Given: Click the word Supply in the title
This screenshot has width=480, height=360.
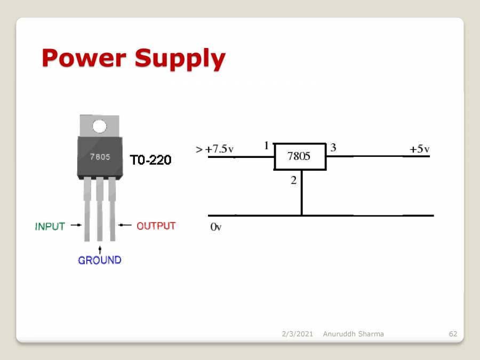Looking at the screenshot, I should coord(180,59).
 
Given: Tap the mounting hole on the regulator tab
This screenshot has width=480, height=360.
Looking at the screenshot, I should coord(99,126).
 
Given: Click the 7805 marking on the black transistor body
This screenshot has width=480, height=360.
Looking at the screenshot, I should coord(100,157).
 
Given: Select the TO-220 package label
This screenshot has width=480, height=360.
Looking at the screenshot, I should coord(151,160).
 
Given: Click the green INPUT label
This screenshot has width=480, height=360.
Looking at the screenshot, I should coord(50,226).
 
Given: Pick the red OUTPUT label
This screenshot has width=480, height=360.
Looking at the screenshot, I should coord(156,226).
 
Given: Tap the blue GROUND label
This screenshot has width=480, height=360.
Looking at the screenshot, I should coord(100,260).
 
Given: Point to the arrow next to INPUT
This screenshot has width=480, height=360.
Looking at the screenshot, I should coord(76,226).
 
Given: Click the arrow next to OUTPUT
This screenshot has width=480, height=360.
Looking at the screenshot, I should coord(125,226).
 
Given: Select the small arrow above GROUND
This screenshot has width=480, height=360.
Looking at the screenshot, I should coord(100,249).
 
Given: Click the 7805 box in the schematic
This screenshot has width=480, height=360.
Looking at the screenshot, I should coord(299,156).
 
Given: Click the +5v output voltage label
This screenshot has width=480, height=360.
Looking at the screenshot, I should coord(419,149).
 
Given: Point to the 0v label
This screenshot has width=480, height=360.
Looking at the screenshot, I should coord(215,227).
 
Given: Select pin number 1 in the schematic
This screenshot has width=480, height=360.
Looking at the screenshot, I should coord(266,146).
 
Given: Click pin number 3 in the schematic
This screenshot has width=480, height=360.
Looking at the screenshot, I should coord(333,148).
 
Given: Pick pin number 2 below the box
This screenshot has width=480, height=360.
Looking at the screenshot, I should coord(293,180).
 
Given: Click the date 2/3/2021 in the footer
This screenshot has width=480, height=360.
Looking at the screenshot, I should coord(297,334).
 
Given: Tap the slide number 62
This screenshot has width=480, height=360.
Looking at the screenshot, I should coord(453,334).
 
